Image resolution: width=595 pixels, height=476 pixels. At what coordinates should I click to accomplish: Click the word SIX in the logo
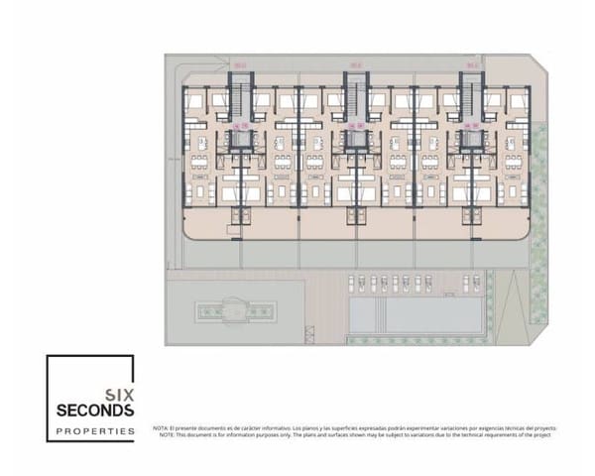tap(120, 390)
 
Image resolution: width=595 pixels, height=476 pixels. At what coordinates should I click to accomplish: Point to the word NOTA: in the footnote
tap(161, 427)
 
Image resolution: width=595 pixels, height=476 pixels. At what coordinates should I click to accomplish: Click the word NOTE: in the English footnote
tap(161, 434)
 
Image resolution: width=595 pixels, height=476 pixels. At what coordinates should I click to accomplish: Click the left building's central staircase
tap(238, 99)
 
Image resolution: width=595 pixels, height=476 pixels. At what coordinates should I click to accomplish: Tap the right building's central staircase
tap(469, 99)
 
